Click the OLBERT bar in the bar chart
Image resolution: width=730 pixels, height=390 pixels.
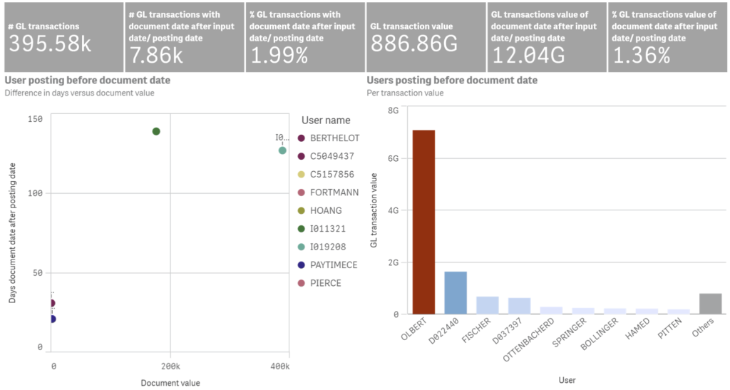coord(423,222)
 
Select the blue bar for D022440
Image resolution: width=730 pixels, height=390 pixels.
coord(456,292)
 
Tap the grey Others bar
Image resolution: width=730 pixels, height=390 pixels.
coord(711,304)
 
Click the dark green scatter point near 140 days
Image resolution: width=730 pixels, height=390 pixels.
coord(156,131)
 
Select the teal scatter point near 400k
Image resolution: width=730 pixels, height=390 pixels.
coord(282,150)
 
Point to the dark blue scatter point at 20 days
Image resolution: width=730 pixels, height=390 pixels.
coord(52,319)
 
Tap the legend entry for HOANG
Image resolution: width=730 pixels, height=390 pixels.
coord(325,211)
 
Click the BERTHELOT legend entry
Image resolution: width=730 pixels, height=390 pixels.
coord(334,138)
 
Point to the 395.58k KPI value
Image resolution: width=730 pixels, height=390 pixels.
coord(50,44)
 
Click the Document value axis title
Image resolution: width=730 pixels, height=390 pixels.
coord(170,383)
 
